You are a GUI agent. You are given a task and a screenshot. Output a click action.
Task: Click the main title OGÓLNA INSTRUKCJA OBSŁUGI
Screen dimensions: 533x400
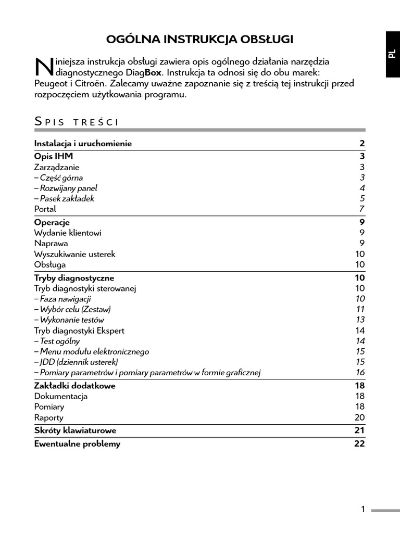tap(200, 40)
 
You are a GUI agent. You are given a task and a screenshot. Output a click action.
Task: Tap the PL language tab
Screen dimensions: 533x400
tap(392, 54)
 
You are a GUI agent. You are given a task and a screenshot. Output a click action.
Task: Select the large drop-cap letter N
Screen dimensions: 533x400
tap(44, 67)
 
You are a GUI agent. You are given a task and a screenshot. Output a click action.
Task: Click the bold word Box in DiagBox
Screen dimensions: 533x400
tap(154, 72)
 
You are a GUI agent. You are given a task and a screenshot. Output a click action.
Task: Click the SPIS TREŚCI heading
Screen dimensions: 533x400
tap(77, 122)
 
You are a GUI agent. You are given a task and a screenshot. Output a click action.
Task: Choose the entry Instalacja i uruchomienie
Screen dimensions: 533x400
tap(83, 144)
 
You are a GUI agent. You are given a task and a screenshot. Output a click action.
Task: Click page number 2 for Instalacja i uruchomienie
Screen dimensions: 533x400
tap(362, 144)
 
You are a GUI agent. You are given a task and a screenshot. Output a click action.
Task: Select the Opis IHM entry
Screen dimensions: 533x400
tap(54, 157)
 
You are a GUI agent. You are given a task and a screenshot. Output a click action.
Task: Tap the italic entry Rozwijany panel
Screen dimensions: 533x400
tap(66, 188)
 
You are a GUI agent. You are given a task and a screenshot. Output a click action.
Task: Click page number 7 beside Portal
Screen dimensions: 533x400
tap(362, 209)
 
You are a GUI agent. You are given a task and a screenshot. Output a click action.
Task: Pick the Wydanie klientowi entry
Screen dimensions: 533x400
tap(68, 233)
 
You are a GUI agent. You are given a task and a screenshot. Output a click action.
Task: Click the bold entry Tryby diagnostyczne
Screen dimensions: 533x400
tap(74, 278)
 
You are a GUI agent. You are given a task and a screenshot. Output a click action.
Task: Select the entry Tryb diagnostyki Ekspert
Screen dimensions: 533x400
tap(79, 331)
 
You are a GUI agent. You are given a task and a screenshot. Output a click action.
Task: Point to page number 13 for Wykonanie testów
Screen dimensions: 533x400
tap(360, 320)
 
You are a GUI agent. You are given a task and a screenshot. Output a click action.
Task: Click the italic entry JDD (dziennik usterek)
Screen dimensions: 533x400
tap(76, 362)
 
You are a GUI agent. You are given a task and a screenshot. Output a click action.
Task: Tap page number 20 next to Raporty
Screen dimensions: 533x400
tap(360, 417)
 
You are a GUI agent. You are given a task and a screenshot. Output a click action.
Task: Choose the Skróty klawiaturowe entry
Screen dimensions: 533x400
tap(75, 431)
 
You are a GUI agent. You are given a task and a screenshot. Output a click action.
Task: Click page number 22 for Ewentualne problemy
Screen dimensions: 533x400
tap(360, 444)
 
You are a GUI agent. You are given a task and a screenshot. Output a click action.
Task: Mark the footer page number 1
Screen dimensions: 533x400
tap(363, 510)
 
